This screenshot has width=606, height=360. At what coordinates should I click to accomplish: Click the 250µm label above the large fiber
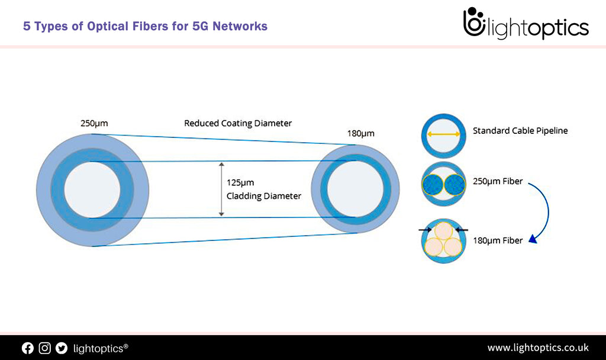tap(94, 124)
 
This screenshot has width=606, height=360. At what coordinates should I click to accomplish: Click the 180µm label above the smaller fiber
tap(361, 133)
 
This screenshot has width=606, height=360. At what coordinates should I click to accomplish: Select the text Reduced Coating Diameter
tap(238, 124)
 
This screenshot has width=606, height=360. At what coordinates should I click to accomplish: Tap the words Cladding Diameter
tap(264, 195)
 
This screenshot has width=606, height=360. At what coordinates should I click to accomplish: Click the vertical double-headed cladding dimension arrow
tap(221, 189)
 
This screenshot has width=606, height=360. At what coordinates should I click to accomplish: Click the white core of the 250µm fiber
tap(92, 189)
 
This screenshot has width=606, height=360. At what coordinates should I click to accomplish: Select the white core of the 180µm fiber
tap(355, 189)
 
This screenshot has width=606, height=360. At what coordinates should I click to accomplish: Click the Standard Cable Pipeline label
tap(520, 131)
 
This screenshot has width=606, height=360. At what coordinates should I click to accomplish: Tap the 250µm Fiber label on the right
tap(497, 181)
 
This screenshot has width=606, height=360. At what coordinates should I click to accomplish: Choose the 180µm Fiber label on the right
tap(497, 240)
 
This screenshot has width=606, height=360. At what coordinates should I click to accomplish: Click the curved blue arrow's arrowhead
tap(532, 239)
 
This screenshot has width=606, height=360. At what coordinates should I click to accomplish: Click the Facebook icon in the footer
tap(28, 348)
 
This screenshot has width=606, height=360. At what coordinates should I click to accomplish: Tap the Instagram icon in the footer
tap(45, 348)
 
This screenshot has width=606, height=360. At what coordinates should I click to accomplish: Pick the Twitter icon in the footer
tap(62, 348)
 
